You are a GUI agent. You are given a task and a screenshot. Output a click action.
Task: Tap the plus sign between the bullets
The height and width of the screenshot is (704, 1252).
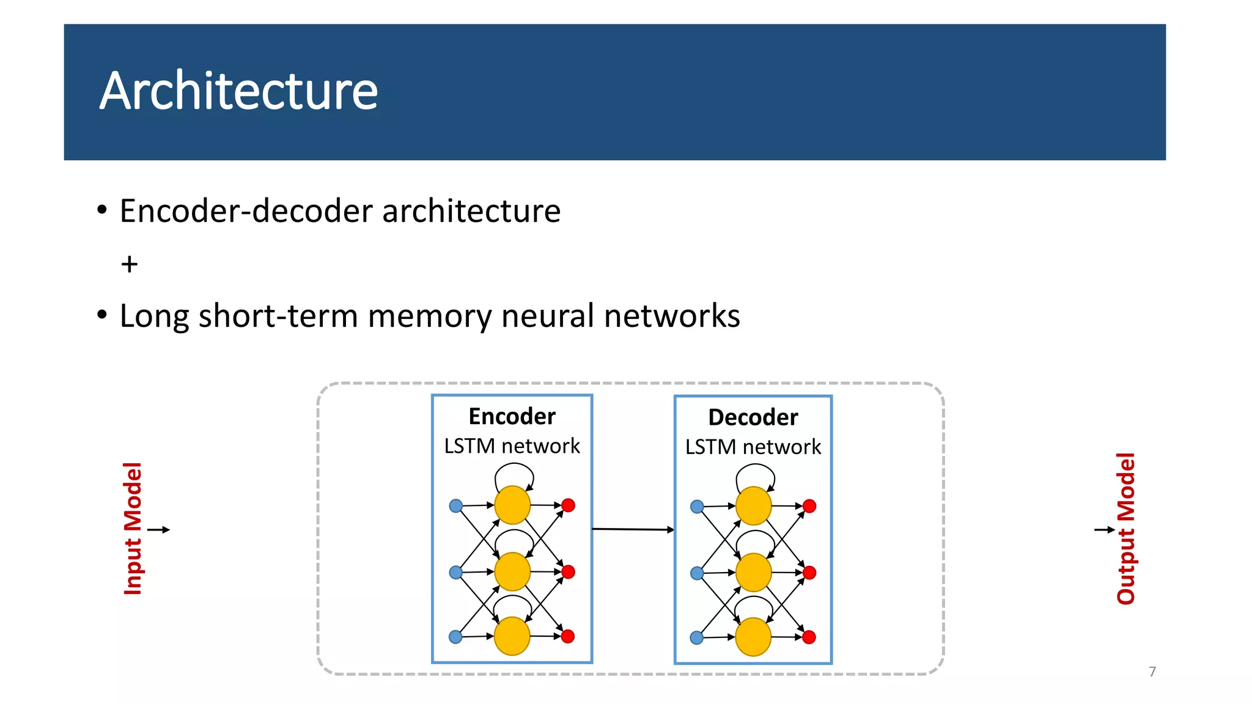click(129, 264)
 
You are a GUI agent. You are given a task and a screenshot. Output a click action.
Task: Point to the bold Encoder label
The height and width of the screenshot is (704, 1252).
click(512, 416)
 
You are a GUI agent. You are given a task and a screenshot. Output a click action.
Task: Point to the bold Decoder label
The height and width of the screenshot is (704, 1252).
click(753, 417)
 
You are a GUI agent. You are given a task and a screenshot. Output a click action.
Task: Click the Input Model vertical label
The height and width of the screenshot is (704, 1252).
click(133, 529)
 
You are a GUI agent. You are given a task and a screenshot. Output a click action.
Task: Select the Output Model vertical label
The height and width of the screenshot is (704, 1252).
click(1125, 529)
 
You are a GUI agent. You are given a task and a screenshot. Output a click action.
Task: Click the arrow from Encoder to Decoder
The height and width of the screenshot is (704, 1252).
click(633, 529)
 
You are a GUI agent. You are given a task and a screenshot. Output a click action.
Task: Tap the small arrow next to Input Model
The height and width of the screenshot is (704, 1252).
click(159, 530)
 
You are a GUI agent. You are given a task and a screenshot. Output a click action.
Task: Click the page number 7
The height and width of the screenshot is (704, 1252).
click(1152, 672)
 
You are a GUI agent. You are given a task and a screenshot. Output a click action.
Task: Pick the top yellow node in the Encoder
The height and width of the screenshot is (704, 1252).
click(512, 505)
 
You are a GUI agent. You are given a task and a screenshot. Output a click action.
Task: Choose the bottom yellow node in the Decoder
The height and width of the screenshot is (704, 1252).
click(753, 637)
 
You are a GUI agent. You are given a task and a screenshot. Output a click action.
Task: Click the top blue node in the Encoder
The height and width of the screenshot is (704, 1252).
click(455, 506)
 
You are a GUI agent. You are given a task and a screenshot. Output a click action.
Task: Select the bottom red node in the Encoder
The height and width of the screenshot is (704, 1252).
click(568, 636)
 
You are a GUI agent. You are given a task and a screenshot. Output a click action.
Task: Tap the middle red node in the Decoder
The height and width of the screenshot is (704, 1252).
click(809, 573)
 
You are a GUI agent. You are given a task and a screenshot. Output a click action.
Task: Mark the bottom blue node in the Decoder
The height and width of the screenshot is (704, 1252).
click(696, 638)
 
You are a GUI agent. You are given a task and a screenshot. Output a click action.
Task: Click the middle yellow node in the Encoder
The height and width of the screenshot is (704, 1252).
click(512, 571)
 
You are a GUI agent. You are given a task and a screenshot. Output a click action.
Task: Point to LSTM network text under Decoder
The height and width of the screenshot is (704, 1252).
click(753, 447)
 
